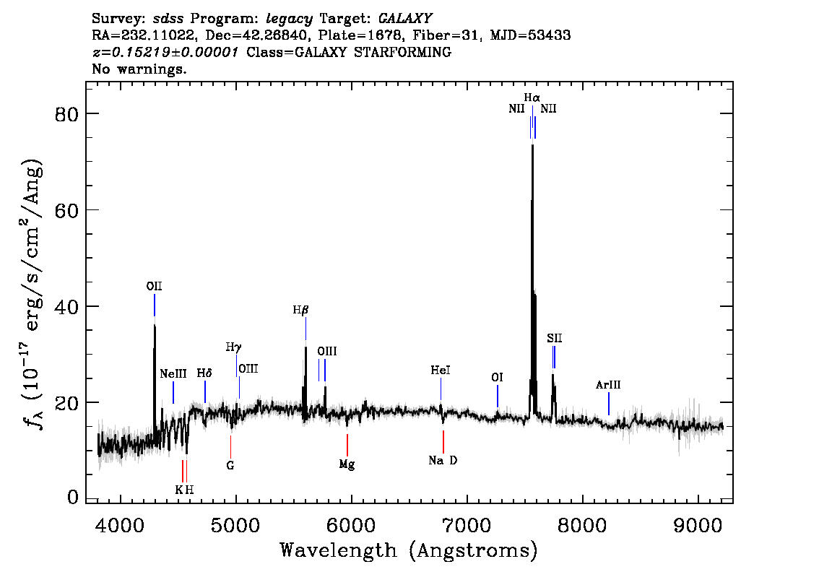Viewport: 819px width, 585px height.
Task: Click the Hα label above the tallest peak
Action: pos(532,97)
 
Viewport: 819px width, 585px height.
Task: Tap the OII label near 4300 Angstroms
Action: pos(154,287)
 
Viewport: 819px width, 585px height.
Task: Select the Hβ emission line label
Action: pos(300,310)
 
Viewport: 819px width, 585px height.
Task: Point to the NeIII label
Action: pos(173,373)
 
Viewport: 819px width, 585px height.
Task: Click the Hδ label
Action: pos(204,373)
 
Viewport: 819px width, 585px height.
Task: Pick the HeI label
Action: pos(441,370)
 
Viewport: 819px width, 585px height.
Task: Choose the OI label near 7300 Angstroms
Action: pos(497,377)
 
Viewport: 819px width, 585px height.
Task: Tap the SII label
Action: pos(554,337)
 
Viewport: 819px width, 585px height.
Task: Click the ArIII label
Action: pos(608,385)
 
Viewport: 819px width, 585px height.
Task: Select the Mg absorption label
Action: pos(347,464)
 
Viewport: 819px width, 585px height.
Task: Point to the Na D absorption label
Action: pos(443,460)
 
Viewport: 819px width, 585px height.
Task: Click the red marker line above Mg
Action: pos(347,444)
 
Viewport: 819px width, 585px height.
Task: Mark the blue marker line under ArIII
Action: pos(609,403)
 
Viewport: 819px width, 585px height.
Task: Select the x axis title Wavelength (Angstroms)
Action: pos(409,550)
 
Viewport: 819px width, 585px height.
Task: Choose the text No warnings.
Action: pos(139,69)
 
